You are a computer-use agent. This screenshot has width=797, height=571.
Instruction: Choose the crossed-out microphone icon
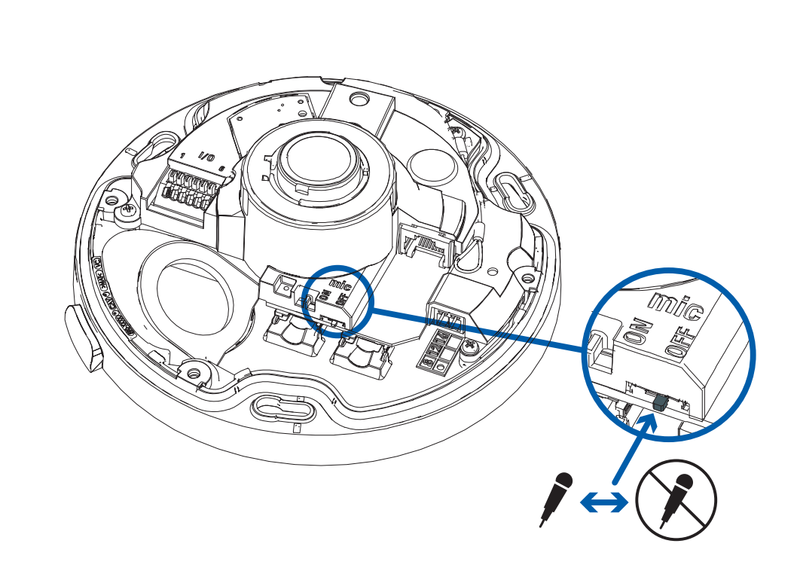pos(676,499)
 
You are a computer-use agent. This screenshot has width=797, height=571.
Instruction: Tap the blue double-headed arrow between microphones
pos(603,501)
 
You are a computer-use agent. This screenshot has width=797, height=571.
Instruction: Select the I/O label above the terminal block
pos(206,157)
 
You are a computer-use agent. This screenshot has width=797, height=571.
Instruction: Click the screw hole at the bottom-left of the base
pos(194,371)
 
